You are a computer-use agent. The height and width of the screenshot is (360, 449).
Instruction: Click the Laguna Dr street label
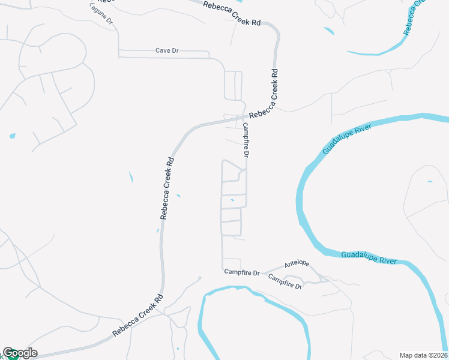tap(101, 13)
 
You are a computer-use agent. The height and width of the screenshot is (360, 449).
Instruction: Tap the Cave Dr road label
tap(167, 50)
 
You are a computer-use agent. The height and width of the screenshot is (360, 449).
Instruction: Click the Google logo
tap(20, 353)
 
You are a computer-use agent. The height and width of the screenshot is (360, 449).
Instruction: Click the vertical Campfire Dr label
tap(246, 140)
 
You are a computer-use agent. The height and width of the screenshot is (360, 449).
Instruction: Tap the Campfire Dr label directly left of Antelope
tap(242, 272)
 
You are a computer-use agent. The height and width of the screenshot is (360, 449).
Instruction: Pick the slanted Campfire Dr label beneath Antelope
tap(285, 281)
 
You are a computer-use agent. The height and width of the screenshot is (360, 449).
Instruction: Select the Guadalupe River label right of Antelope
tap(369, 258)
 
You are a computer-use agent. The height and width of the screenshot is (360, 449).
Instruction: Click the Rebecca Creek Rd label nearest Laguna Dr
tap(232, 13)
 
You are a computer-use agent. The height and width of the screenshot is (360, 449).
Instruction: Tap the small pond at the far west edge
tap(13, 136)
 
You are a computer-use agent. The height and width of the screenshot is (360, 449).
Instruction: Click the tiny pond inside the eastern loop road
tap(429, 181)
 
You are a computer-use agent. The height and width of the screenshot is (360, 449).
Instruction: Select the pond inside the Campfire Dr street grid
tap(232, 200)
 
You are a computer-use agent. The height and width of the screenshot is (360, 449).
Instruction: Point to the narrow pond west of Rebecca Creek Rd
tap(131, 177)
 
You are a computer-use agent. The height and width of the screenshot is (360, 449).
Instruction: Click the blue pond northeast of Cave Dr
tap(328, 31)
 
